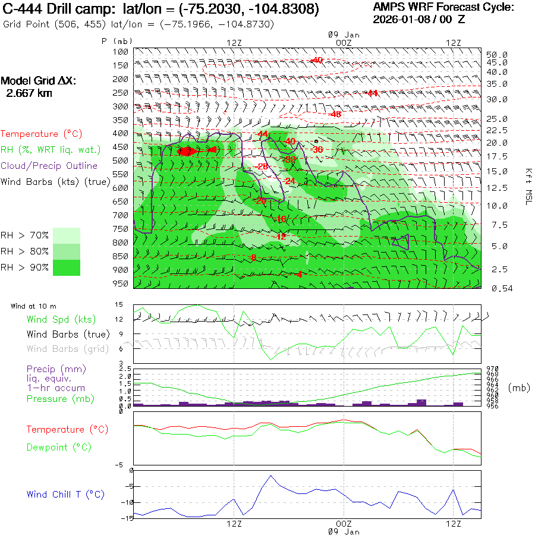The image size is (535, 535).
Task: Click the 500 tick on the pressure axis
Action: click(121, 160)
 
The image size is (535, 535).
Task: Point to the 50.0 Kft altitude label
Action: click(496, 54)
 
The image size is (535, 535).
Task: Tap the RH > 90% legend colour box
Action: click(67, 267)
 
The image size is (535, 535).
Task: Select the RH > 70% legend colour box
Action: click(67, 235)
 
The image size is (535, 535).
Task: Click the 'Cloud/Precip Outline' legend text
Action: click(49, 166)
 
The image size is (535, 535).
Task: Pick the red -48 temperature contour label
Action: click(336, 114)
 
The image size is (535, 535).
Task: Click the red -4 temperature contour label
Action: click(298, 274)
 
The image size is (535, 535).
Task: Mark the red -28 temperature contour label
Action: click(262, 166)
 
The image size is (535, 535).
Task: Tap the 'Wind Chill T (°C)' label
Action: click(65, 495)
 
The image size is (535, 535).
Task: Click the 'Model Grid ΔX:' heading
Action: click(39, 81)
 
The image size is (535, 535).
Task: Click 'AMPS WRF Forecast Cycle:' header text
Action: click(443, 7)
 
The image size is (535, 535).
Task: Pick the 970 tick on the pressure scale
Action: click(493, 369)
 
